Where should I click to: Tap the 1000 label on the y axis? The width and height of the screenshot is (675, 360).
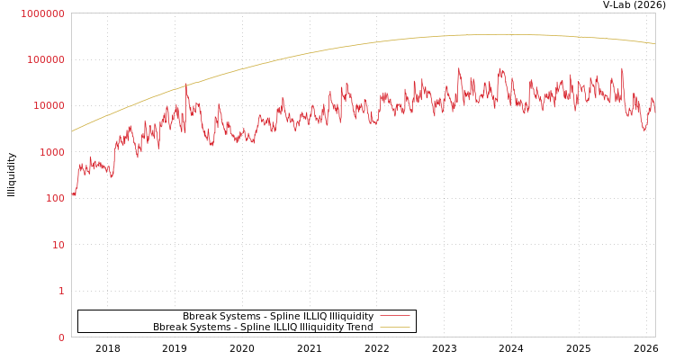tap(50, 152)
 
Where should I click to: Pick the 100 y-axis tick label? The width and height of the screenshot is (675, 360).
tap(53, 198)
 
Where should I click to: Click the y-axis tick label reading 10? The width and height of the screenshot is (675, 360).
tap(58, 245)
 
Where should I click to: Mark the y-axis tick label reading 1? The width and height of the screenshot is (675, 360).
tap(61, 291)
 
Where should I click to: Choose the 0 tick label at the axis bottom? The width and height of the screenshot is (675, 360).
tap(61, 337)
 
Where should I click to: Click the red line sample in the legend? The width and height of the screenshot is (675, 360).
tap(394, 317)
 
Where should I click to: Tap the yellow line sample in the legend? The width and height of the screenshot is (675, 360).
tap(394, 328)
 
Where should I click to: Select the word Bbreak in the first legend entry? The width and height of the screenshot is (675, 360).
tap(199, 317)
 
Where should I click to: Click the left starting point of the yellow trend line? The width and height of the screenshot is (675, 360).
tap(72, 131)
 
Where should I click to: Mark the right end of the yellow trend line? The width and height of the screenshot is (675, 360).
tap(654, 43)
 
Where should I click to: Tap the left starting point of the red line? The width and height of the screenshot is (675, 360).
tap(72, 193)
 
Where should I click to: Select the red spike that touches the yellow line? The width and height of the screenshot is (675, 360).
tap(186, 85)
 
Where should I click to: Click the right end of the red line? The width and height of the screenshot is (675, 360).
tap(654, 108)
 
